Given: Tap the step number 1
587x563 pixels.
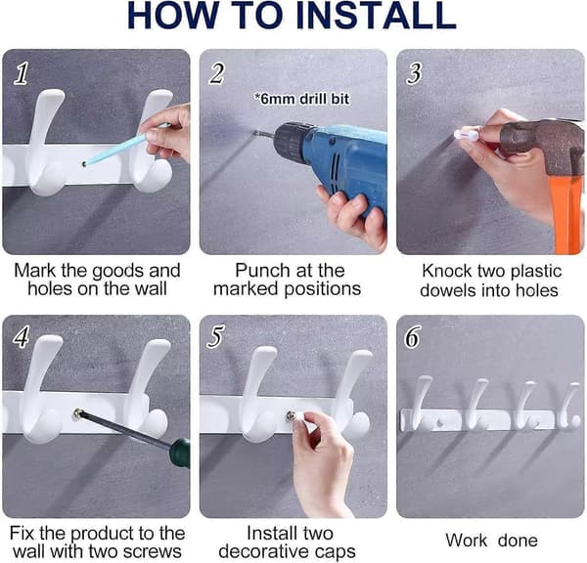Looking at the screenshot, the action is pos(22,73).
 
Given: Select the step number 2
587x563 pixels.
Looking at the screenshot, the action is pos(217,73).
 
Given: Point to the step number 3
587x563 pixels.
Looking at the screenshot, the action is pos(414,73).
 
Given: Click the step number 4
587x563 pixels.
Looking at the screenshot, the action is pos(22,336).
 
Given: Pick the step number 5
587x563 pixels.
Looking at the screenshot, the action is pos(216,336).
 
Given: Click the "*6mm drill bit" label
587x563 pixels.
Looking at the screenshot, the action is pos(301,99).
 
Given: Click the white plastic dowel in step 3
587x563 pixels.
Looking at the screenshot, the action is pos(466,135).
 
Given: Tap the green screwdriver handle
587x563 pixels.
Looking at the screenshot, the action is pos(179,453).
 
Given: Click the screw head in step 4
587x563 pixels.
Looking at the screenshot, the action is pos(78,413).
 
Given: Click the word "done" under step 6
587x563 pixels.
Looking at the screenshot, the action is pos(519,541).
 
